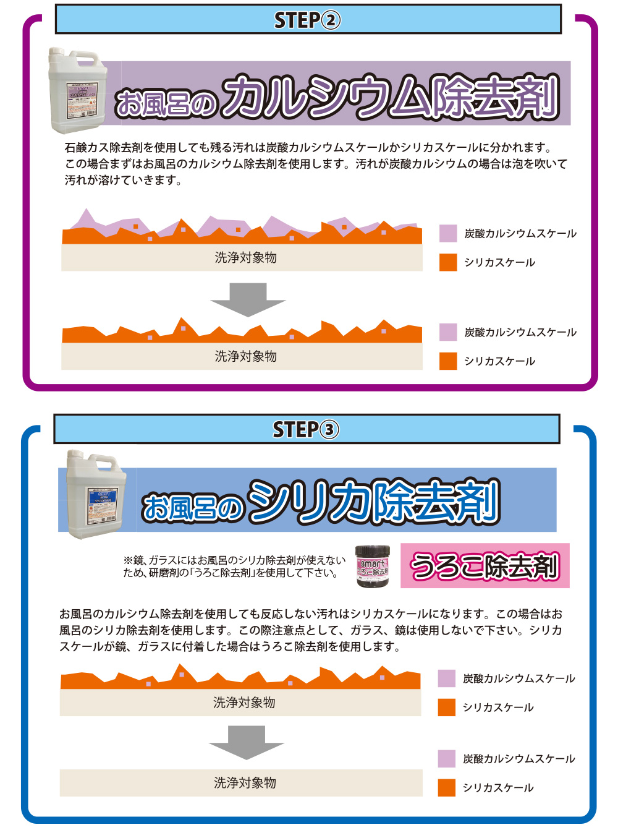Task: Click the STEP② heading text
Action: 307,20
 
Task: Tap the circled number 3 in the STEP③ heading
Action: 330,430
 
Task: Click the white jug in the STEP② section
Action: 78,91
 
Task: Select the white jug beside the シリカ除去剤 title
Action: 96,494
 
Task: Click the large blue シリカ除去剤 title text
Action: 374,502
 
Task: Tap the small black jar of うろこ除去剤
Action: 373,566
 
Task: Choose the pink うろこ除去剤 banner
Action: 485,566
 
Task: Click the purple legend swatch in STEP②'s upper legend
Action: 448,233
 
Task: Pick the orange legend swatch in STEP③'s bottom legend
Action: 447,787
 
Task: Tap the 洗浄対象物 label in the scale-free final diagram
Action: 245,783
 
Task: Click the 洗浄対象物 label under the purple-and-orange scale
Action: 245,258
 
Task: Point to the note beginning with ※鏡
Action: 234,567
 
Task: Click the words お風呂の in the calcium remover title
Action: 166,103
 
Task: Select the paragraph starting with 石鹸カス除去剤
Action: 315,164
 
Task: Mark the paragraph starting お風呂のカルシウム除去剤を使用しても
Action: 311,630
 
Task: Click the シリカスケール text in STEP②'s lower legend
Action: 499,361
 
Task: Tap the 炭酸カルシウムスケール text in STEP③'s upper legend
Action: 519,678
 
